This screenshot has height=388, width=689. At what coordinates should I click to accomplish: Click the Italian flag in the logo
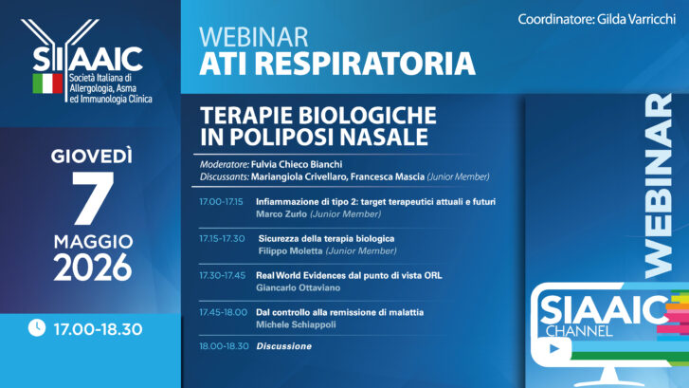pos(48,83)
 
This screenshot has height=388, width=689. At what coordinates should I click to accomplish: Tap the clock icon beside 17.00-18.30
pos(37,327)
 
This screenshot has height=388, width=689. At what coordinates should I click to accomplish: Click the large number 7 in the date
pos(93,197)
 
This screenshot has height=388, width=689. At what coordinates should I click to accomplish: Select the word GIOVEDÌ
pos(91,156)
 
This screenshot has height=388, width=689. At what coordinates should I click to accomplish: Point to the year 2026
pos(93,267)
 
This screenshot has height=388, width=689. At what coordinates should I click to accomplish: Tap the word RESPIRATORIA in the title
pos(365,64)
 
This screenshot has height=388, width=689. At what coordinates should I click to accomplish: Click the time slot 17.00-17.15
pos(221,202)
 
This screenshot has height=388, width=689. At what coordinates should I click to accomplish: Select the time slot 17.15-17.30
pos(222,239)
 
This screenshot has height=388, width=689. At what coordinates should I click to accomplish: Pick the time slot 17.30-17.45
pos(223,276)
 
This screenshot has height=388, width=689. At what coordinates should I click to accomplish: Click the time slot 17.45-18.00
pos(224,313)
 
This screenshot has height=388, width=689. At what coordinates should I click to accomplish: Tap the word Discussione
pos(284,346)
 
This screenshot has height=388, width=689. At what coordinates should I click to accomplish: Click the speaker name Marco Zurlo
pos(281,214)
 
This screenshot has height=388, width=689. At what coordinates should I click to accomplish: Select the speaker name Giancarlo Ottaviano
pos(299,288)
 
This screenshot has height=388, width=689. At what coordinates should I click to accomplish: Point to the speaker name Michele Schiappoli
pos(296,325)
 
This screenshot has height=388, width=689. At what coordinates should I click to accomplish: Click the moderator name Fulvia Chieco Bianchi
pos(297,164)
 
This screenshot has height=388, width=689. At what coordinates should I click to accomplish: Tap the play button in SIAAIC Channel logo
pos(553,349)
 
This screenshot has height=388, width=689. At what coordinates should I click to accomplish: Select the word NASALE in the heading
pos(384,137)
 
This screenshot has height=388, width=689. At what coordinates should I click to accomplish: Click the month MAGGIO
pos(93,242)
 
